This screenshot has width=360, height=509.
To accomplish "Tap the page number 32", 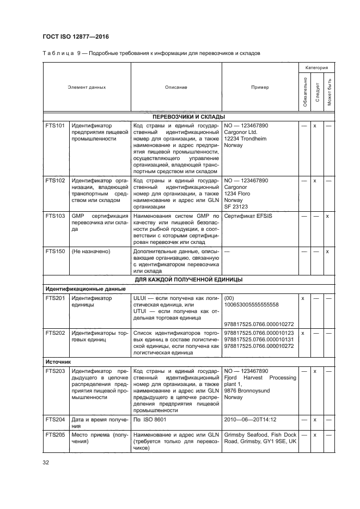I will (46, 463).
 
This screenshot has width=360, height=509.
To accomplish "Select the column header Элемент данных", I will (87, 87).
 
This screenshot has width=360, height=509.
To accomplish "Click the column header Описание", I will (176, 87).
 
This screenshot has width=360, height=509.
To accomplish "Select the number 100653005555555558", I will (252, 305).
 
